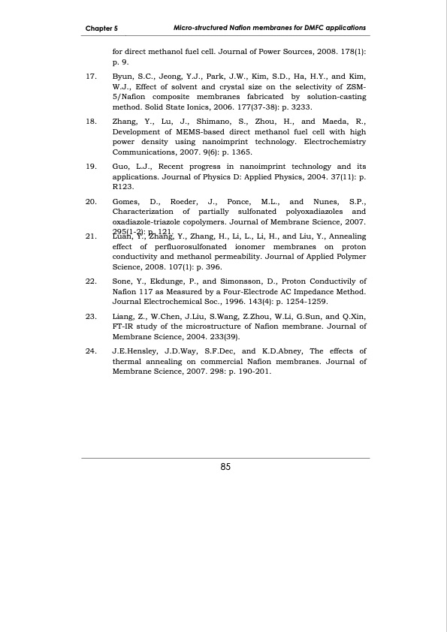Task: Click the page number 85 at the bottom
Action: pos(225,467)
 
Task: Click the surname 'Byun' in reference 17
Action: pos(123,77)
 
